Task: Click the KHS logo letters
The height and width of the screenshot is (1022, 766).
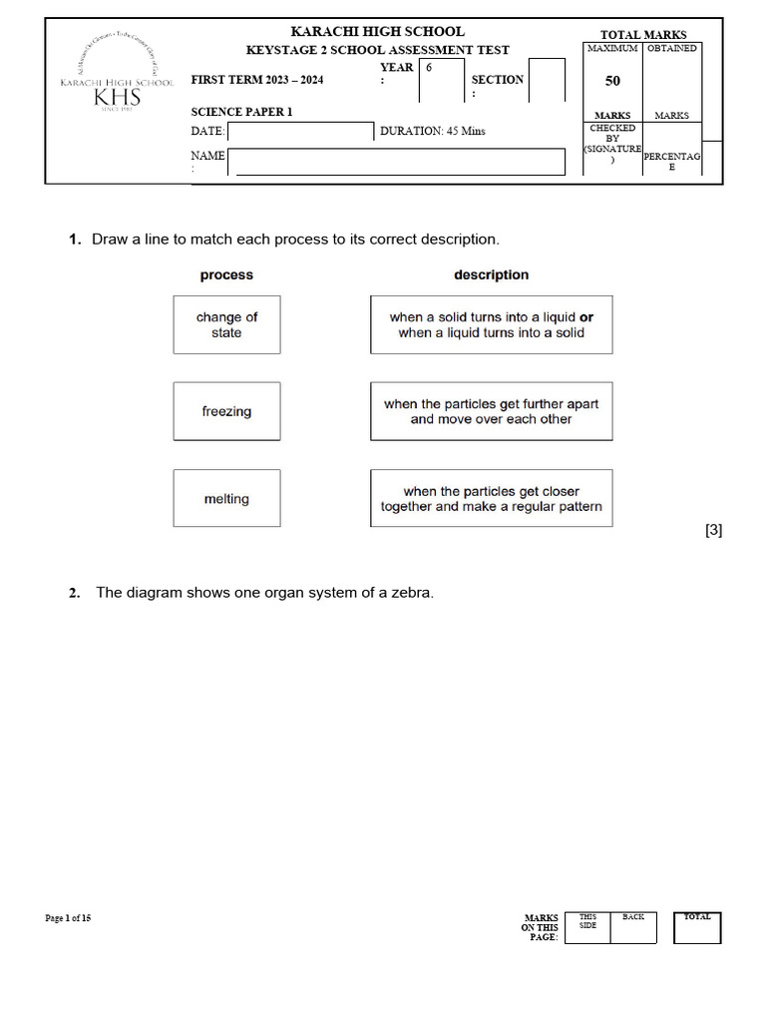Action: [x=117, y=97]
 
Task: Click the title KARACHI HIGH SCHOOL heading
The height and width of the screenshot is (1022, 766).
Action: [x=377, y=32]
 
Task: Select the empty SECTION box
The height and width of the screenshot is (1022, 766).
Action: [x=546, y=80]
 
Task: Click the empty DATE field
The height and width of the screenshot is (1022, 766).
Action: [x=300, y=132]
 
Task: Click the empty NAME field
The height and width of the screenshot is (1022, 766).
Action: [x=398, y=162]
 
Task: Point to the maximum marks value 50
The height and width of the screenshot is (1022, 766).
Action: [x=612, y=82]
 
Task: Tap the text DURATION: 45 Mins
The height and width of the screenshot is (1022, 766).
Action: [x=433, y=132]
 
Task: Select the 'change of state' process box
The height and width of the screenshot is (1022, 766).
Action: [x=226, y=324]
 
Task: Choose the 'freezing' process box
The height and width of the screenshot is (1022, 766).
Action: [x=226, y=411]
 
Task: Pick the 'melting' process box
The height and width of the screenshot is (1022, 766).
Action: [x=226, y=499]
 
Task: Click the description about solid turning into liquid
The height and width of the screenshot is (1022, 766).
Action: [x=491, y=324]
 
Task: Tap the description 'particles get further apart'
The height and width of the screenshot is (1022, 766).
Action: [x=491, y=411]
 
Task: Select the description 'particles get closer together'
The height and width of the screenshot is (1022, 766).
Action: [x=491, y=499]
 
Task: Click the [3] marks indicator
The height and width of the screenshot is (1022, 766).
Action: [x=713, y=531]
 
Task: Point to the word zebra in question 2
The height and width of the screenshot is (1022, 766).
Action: [x=412, y=593]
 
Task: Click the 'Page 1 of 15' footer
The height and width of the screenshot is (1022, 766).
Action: [x=68, y=918]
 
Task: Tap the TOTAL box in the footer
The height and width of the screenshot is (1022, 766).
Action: [x=697, y=927]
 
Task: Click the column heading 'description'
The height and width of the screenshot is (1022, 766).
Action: [x=491, y=274]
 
